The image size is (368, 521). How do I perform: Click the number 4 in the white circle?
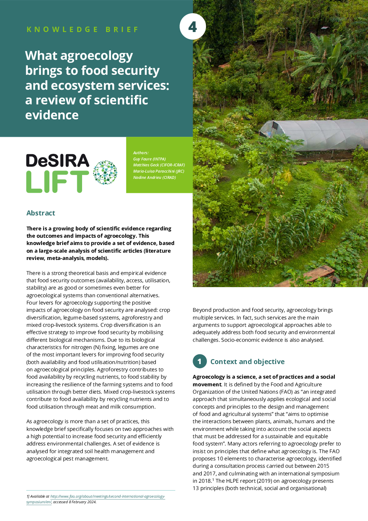point(192,27)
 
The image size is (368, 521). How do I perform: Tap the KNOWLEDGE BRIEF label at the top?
point(83,30)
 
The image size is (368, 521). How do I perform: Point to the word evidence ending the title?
point(52,115)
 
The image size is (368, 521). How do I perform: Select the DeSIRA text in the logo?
point(58,161)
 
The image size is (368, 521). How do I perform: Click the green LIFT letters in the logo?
point(57,182)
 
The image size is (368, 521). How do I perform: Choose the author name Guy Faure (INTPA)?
point(149,159)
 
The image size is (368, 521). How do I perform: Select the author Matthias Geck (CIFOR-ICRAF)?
point(159,165)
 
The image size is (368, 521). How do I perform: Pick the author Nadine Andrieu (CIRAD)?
point(154,177)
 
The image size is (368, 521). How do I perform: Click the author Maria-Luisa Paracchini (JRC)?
point(159,171)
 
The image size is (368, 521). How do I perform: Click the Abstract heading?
point(41,213)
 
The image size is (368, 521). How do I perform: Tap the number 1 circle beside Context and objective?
point(200,362)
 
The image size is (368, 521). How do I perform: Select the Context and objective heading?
point(247,362)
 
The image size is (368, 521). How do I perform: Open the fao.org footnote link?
point(107,497)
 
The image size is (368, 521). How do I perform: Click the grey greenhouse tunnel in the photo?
point(313,134)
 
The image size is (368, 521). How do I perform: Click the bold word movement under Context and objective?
point(207,385)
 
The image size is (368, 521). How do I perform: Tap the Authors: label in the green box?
point(141,153)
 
